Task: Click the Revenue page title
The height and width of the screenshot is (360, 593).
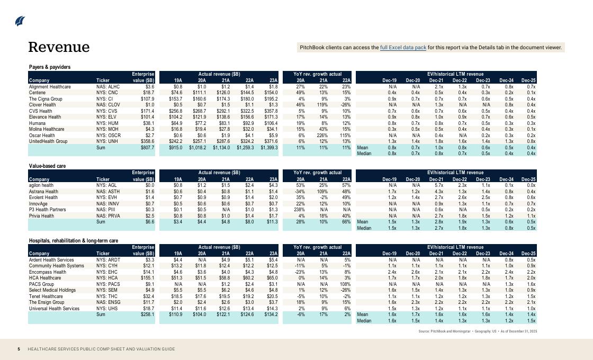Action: click(x=59, y=47)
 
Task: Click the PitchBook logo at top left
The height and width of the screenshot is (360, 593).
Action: click(x=20, y=21)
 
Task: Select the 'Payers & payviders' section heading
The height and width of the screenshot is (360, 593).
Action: click(x=50, y=67)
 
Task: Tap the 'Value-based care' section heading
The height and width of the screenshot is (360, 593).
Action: click(x=47, y=166)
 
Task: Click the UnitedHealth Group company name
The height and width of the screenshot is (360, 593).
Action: click(x=48, y=141)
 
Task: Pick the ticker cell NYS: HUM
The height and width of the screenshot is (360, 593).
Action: click(x=107, y=123)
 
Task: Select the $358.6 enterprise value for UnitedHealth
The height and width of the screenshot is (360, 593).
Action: click(x=147, y=141)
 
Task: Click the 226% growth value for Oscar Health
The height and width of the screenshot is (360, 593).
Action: click(x=323, y=136)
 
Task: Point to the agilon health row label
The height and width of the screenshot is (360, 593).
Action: click(x=41, y=185)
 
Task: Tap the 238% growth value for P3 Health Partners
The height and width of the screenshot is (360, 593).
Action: click(x=299, y=210)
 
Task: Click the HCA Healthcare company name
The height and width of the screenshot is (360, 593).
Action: click(x=45, y=278)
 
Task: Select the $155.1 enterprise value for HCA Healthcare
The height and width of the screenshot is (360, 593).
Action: click(x=147, y=278)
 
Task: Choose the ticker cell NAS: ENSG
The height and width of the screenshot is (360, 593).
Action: click(x=109, y=302)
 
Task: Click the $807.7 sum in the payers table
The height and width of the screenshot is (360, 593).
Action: click(x=147, y=148)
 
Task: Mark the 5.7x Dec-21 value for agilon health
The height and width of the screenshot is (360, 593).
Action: click(x=439, y=185)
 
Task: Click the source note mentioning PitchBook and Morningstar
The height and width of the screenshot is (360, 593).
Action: click(x=477, y=331)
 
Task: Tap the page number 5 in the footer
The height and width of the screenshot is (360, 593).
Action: click(x=19, y=349)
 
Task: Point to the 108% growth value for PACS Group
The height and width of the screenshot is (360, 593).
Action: click(x=345, y=284)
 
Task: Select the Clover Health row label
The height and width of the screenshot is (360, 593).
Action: click(x=42, y=105)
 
